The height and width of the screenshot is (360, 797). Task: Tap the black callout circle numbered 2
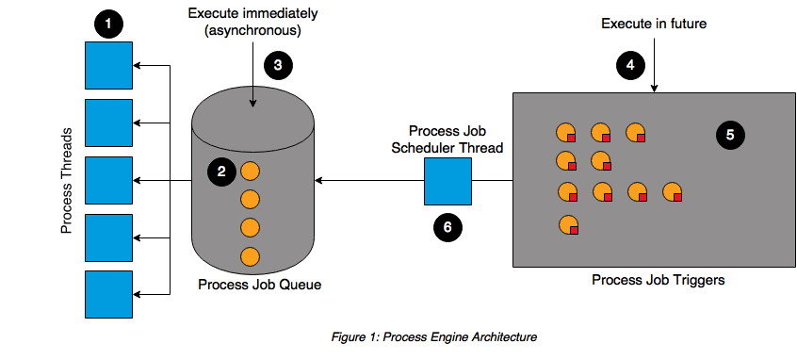(x=221, y=171)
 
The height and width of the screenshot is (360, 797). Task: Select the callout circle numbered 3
(x=277, y=65)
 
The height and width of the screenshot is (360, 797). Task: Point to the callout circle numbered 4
(x=630, y=65)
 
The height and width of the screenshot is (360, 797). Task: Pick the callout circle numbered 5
(x=728, y=135)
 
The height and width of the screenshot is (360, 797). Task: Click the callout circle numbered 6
(x=447, y=225)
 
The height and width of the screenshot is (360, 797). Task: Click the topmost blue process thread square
(x=108, y=65)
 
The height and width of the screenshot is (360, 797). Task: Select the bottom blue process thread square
(x=108, y=294)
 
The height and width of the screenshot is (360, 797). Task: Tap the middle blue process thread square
(x=108, y=180)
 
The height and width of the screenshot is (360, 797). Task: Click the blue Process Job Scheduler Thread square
(x=447, y=181)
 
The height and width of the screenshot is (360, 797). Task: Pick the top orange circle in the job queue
(x=250, y=171)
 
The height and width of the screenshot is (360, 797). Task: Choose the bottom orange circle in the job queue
(x=250, y=255)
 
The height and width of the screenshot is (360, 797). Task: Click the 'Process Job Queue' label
(x=252, y=285)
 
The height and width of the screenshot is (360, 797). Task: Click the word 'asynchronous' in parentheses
(x=252, y=34)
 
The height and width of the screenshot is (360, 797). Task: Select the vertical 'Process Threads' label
(x=68, y=179)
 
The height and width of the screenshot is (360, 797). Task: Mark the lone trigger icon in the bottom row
(x=567, y=224)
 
